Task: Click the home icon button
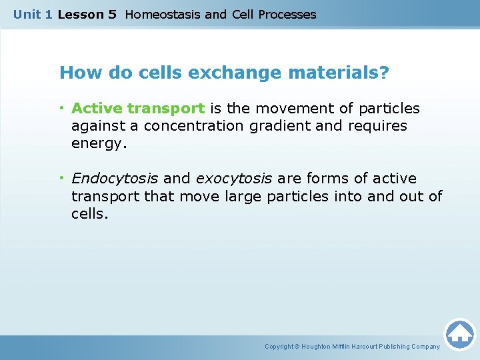pyautogui.click(x=459, y=334)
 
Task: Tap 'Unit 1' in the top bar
pyautogui.click(x=33, y=14)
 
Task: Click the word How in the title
pyautogui.click(x=77, y=72)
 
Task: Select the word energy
pyautogui.click(x=99, y=144)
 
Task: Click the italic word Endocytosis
pyautogui.click(x=115, y=179)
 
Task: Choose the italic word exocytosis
pyautogui.click(x=233, y=179)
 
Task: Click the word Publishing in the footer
pyautogui.click(x=389, y=347)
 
